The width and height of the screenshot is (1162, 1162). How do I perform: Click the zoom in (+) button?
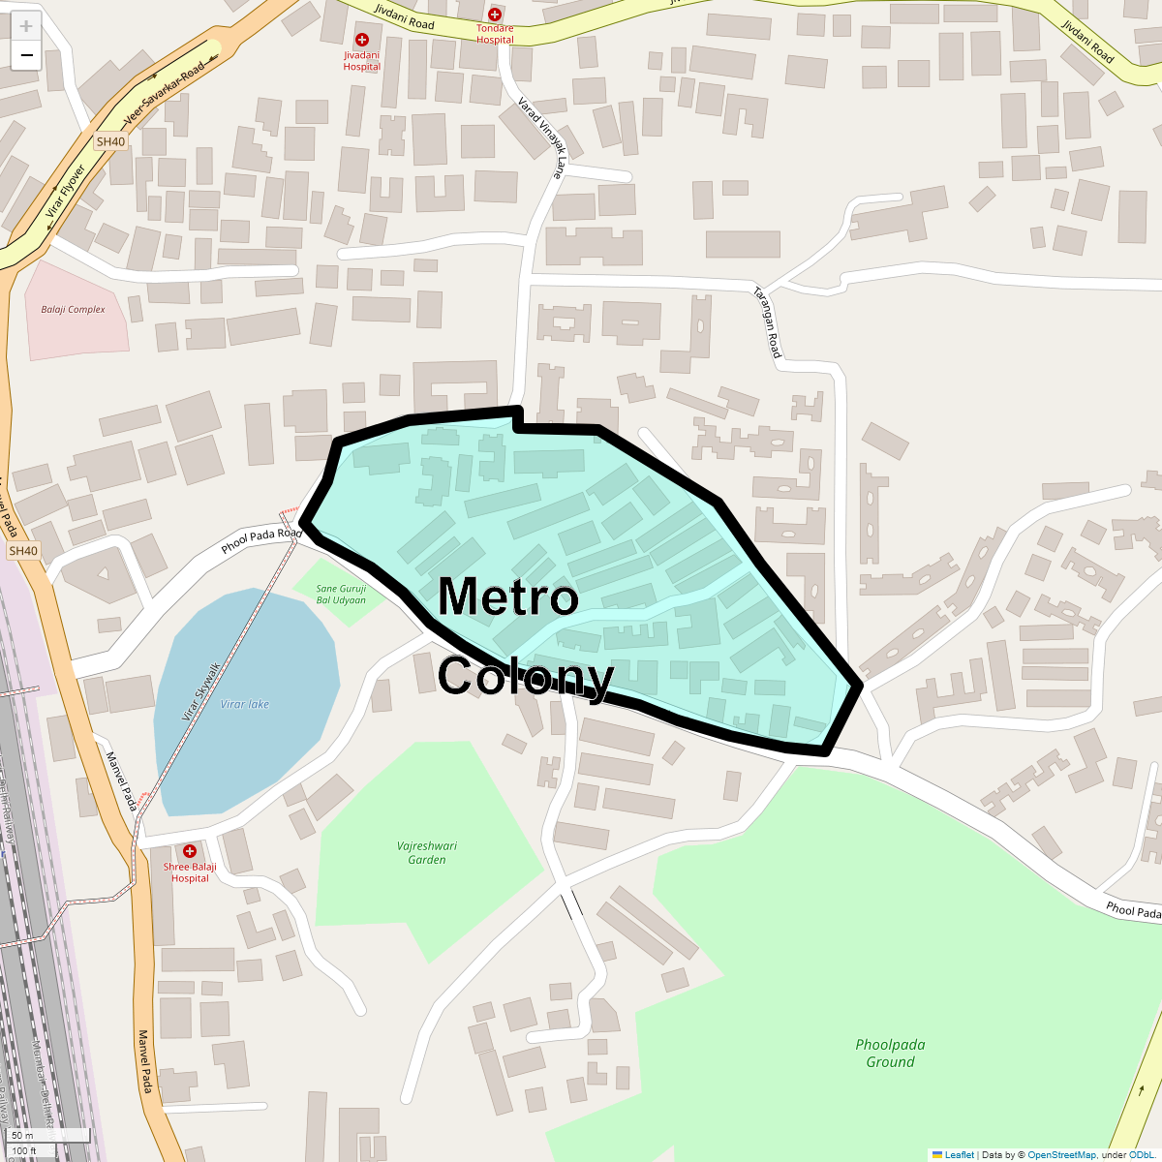26,26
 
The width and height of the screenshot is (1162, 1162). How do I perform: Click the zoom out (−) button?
26,55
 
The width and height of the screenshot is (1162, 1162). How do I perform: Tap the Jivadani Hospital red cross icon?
362,40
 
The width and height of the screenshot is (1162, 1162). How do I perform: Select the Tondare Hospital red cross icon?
495,15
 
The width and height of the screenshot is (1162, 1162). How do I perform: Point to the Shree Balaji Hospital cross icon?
190,851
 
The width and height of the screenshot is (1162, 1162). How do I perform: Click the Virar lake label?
245,704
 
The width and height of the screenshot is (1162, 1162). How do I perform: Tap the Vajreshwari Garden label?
427,852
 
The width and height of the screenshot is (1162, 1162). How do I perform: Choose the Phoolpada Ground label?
890,1053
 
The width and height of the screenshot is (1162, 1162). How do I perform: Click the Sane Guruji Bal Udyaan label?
341,594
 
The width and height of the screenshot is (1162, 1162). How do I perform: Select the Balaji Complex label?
73,310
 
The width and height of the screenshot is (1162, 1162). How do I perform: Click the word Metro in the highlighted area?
508,596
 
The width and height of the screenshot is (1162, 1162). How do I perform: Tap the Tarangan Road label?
768,322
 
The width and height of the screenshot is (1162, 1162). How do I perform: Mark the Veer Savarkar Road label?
165,98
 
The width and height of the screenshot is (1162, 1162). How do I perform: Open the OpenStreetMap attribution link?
1061,1154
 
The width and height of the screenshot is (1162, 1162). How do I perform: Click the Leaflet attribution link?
959,1154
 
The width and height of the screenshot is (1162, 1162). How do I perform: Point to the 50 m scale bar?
48,1135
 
